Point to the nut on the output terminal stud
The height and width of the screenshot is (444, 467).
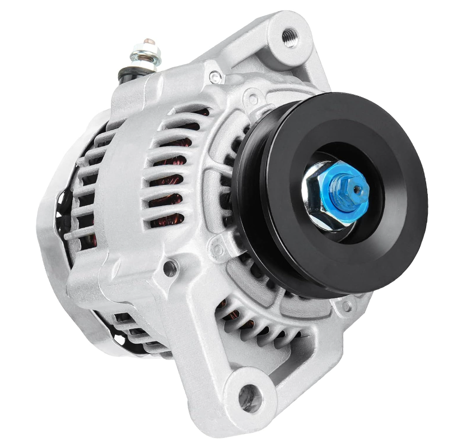146,56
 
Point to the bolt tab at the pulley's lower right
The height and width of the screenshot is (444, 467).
347,306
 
